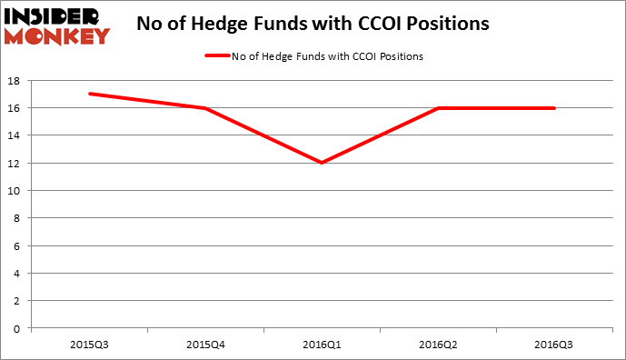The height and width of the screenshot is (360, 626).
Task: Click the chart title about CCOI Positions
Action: pyautogui.click(x=313, y=25)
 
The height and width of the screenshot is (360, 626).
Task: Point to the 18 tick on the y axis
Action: pyautogui.click(x=16, y=80)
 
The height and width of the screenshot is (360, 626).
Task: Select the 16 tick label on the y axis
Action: pyautogui.click(x=16, y=108)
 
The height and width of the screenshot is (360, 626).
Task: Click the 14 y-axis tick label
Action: pyautogui.click(x=16, y=135)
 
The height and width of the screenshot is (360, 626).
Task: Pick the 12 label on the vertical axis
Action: pyautogui.click(x=16, y=163)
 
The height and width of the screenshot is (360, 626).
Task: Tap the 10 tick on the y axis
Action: pyautogui.click(x=16, y=191)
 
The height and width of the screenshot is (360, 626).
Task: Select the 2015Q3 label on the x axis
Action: pyautogui.click(x=89, y=345)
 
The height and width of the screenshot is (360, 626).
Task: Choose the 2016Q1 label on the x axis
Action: pyautogui.click(x=322, y=345)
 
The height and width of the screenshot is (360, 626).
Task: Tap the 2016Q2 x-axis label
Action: pyautogui.click(x=438, y=345)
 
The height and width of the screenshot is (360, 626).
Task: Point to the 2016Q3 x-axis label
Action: pyautogui.click(x=554, y=345)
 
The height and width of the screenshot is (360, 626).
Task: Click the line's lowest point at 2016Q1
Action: pyautogui.click(x=322, y=163)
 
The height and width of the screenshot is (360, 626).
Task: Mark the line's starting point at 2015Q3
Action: pyautogui.click(x=89, y=94)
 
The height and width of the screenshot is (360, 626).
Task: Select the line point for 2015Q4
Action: pyautogui.click(x=205, y=108)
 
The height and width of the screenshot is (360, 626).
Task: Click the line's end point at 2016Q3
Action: pyautogui.click(x=554, y=108)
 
